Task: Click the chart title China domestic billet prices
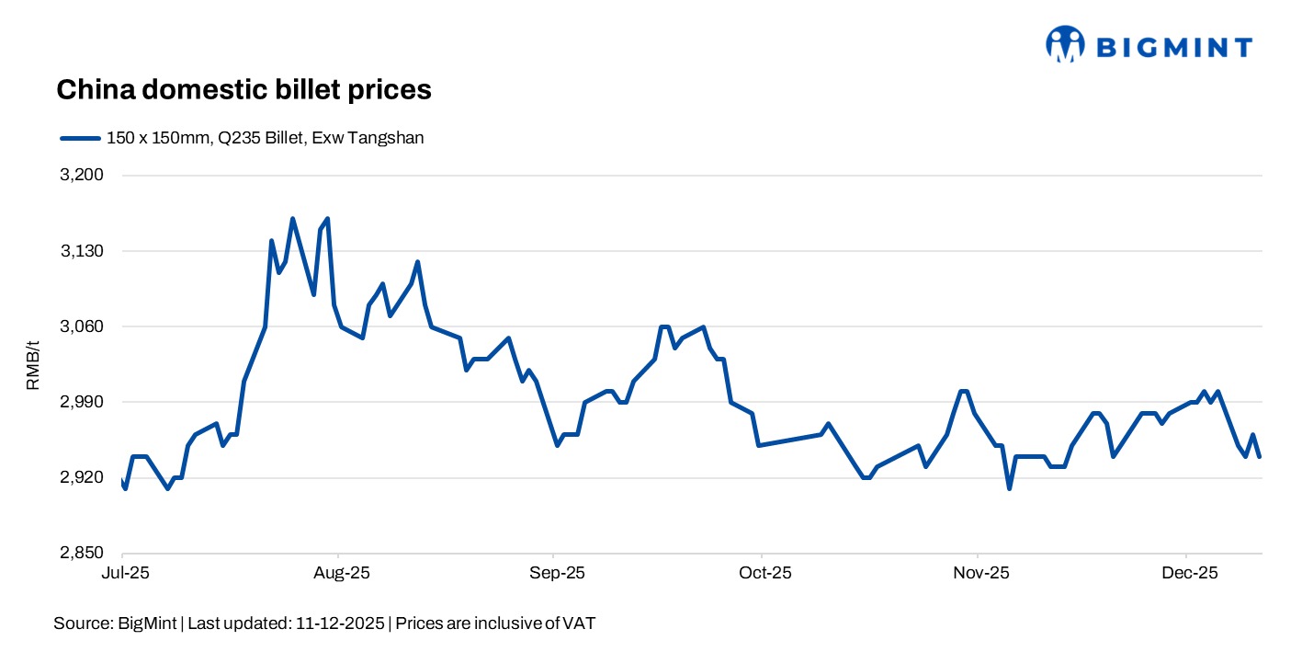tap(243, 89)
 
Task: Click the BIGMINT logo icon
tap(1065, 44)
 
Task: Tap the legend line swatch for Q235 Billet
tap(79, 138)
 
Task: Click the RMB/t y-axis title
tap(33, 364)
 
